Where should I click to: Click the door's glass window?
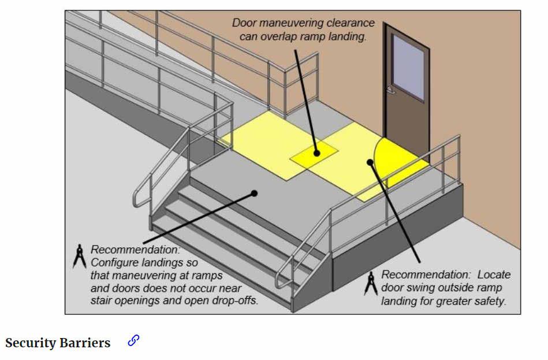coord(408,66)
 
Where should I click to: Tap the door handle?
coord(391,90)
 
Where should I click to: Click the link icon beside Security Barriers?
coord(133,341)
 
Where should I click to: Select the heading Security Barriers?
coord(58,343)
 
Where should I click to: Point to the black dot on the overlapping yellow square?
coord(316,153)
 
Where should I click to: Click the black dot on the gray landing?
coord(255,194)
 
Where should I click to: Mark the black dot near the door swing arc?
coord(370,162)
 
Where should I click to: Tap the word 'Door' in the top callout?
coord(244,24)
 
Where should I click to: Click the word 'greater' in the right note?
coord(464,301)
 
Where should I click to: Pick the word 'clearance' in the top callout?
coord(351,24)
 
